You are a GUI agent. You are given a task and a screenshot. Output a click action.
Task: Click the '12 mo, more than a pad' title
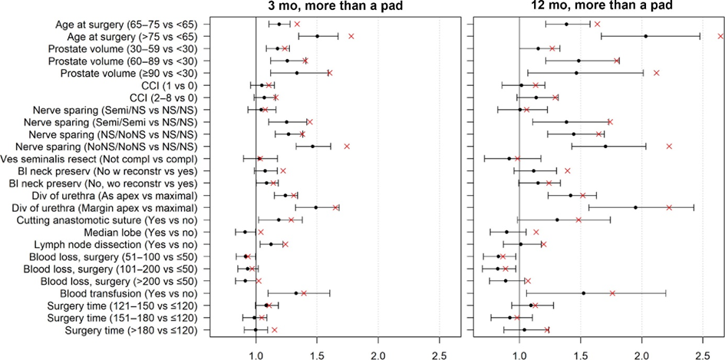pyautogui.click(x=601, y=7)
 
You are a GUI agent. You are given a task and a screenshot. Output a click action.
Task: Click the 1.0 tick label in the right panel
pyautogui.click(x=519, y=355)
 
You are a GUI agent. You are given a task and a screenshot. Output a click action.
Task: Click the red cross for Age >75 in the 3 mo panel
pyautogui.click(x=351, y=36)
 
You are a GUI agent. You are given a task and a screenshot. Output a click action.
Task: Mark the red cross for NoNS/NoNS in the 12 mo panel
pyautogui.click(x=669, y=146)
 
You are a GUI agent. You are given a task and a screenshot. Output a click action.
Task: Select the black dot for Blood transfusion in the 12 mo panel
pyautogui.click(x=584, y=293)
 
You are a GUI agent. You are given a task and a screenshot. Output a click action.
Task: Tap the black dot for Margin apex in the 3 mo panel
pyautogui.click(x=316, y=207)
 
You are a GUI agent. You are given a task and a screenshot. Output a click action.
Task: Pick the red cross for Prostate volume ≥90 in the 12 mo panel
pyautogui.click(x=656, y=73)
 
